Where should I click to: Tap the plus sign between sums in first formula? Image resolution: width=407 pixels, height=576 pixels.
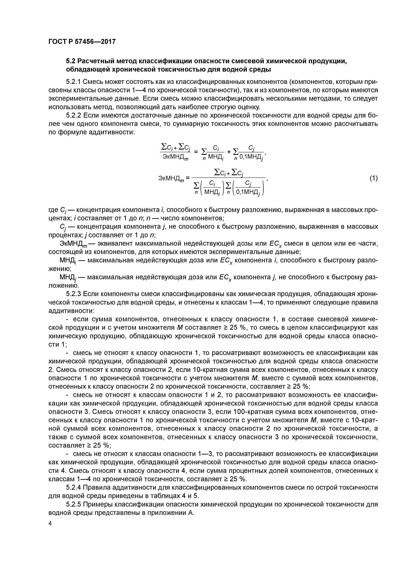[x=229, y=152]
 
